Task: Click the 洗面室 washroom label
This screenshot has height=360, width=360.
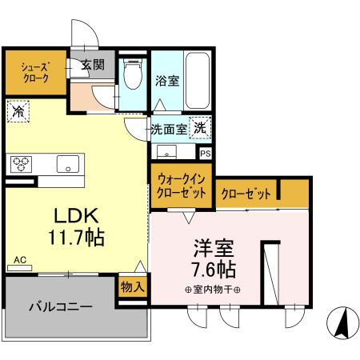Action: (x=169, y=128)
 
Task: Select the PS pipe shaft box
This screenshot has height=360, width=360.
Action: (x=206, y=153)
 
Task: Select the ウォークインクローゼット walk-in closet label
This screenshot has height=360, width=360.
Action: (x=180, y=186)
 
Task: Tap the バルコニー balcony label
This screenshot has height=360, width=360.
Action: (x=62, y=306)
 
